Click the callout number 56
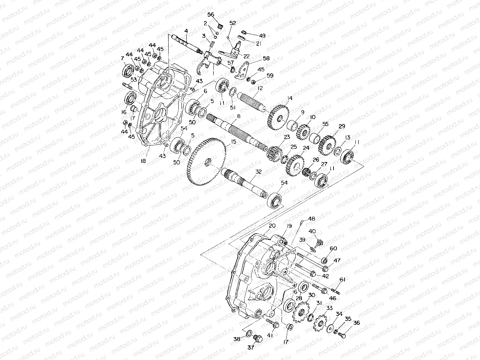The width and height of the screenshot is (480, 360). pyautogui.click(x=211, y=15)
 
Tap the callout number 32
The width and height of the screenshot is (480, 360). pyautogui.click(x=258, y=171)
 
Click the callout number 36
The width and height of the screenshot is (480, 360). pyautogui.click(x=356, y=323)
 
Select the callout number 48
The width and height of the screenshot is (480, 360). pyautogui.click(x=312, y=219)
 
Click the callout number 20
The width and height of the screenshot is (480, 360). pyautogui.click(x=272, y=225)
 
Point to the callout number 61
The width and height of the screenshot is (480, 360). pyautogui.click(x=343, y=279)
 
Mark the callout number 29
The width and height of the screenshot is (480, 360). pyautogui.click(x=342, y=127)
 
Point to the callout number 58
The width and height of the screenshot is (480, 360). pyautogui.click(x=266, y=59)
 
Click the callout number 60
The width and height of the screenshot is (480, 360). pyautogui.click(x=333, y=248)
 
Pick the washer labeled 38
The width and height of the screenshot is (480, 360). pyautogui.click(x=249, y=333)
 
